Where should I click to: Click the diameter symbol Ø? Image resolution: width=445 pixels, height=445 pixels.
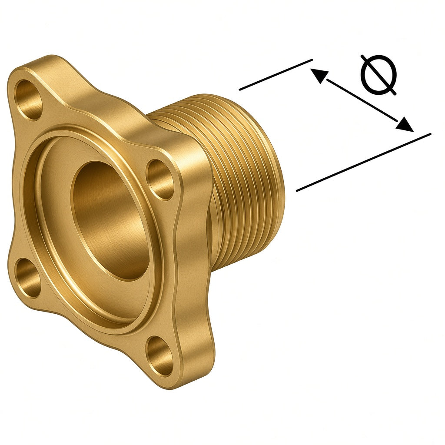[x=379, y=74]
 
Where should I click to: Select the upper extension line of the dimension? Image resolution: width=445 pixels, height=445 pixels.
[x=276, y=75]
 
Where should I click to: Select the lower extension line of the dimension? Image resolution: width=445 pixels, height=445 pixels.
[x=364, y=162]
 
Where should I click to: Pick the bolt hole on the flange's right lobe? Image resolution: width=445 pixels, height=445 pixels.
[x=159, y=179]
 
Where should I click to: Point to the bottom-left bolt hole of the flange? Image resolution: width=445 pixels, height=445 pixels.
[x=27, y=278]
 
